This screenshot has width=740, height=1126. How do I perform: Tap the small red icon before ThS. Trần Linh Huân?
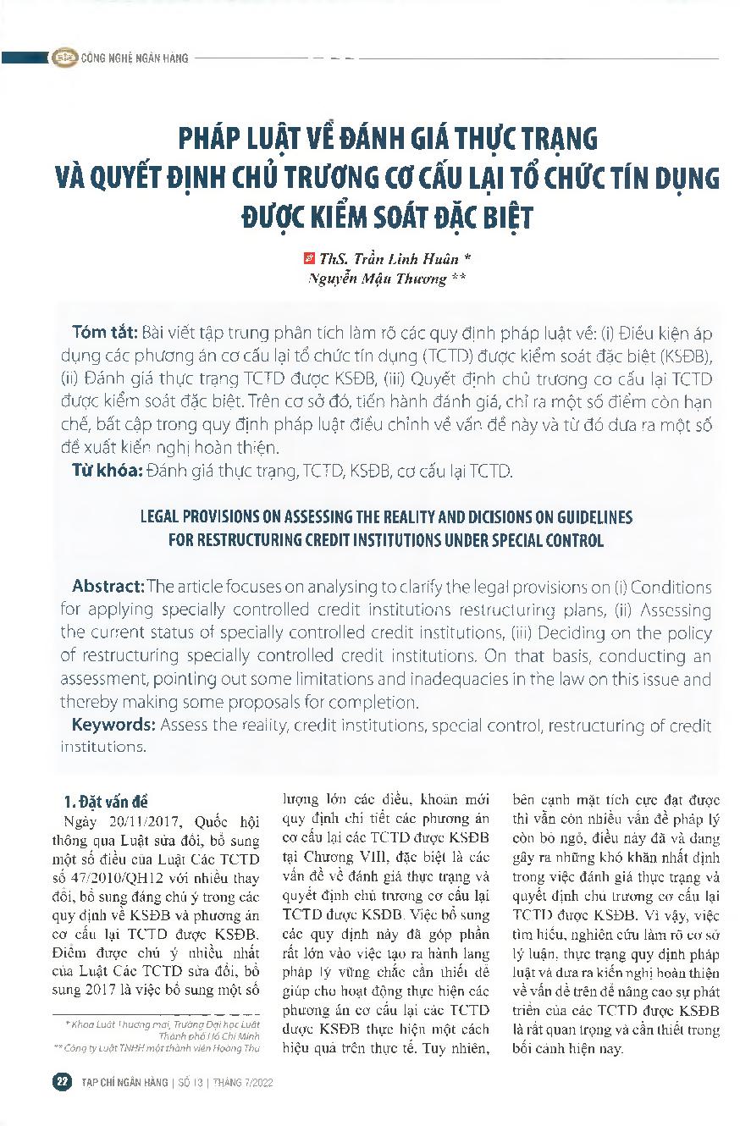[x=308, y=257]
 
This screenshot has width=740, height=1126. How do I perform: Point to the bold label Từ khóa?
[x=106, y=471]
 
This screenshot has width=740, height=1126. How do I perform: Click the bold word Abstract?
[x=108, y=587]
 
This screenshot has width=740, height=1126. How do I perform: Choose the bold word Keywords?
[x=113, y=725]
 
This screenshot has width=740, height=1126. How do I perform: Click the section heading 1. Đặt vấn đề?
[x=107, y=801]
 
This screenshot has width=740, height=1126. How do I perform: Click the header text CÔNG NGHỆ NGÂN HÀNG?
[x=134, y=58]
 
